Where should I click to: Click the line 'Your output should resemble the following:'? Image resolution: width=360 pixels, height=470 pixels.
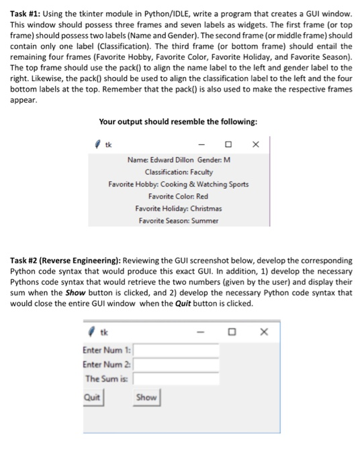pyautogui.click(x=178, y=122)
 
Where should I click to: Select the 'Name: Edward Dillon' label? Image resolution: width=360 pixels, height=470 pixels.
pyautogui.click(x=157, y=160)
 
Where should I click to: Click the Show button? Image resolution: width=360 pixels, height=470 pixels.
pyautogui.click(x=146, y=397)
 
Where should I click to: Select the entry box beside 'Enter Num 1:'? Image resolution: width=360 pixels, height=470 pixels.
pyautogui.click(x=177, y=350)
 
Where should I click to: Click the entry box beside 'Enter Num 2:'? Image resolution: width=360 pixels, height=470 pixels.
pyautogui.click(x=177, y=364)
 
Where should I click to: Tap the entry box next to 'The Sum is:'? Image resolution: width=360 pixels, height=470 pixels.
pyautogui.click(x=177, y=379)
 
